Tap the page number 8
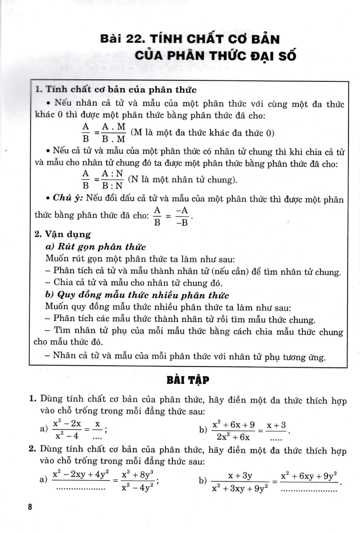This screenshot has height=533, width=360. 30,508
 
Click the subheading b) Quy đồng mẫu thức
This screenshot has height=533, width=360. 137,295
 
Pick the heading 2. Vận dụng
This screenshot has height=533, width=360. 63,234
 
